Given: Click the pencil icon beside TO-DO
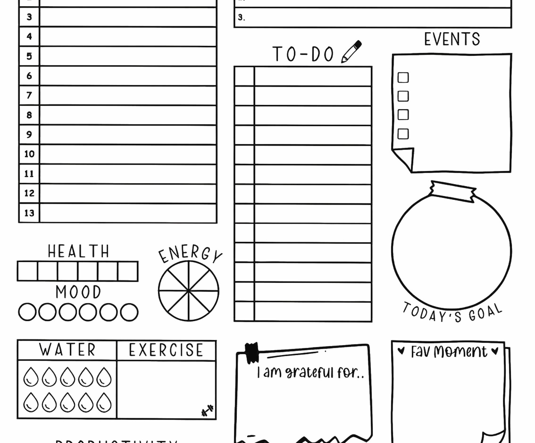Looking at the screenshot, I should [351, 52].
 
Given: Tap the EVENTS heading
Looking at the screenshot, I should [452, 39].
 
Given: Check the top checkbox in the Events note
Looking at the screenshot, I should [403, 78].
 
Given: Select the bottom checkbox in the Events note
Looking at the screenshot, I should [403, 134].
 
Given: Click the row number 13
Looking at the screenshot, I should [29, 213].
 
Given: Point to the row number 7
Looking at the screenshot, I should [29, 96].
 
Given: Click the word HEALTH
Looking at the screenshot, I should [78, 251].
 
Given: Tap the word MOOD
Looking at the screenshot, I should [78, 292].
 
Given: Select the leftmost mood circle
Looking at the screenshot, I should [27, 312].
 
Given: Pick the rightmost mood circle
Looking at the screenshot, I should [129, 312].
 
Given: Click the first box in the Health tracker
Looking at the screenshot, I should [27, 271].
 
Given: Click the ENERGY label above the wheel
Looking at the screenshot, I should [190, 254].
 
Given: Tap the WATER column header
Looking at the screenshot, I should [67, 350].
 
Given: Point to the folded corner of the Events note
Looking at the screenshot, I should [404, 158].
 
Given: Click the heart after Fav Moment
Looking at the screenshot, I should [496, 350].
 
